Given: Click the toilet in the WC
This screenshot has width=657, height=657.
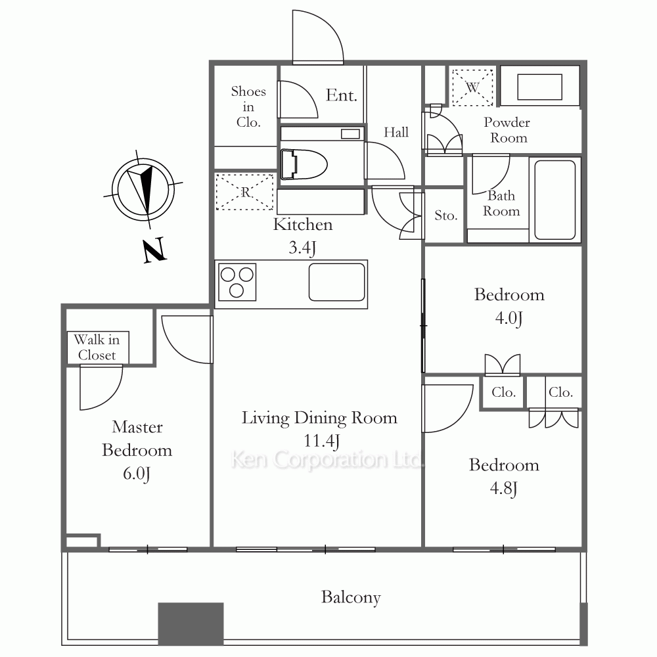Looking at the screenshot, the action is point(304,164).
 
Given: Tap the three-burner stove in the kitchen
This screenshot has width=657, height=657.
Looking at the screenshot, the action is point(237,282).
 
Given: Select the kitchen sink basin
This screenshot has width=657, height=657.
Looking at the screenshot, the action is point(337,282).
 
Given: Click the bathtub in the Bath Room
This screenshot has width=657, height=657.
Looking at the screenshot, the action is point(555,200).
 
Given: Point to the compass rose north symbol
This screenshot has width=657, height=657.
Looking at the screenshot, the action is point(143,189).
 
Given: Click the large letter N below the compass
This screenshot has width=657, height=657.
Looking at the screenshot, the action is point(154,250).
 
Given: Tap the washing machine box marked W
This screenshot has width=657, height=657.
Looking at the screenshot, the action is point(472,87).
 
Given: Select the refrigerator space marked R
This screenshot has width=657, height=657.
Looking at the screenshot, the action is point(245,192).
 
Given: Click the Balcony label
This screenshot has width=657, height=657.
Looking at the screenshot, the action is point(351,597).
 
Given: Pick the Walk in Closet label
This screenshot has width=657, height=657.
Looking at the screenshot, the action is point(97,348).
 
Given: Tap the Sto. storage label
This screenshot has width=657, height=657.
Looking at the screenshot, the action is point(445,215).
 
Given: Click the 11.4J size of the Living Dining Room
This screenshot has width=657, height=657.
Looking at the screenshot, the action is point(321,442).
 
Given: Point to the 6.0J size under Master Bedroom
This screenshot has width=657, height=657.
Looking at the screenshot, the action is point(137,474).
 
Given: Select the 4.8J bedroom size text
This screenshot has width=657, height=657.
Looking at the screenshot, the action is point(504,489).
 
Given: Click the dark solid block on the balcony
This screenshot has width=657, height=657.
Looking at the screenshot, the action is point(191,623).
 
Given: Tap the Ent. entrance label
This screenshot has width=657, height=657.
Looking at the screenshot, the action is point(342,95).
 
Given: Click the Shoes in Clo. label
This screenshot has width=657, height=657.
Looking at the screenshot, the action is point(248,107).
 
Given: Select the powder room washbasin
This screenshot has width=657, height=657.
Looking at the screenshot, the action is point(539,87).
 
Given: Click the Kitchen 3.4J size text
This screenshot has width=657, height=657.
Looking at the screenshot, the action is point(302,248).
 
